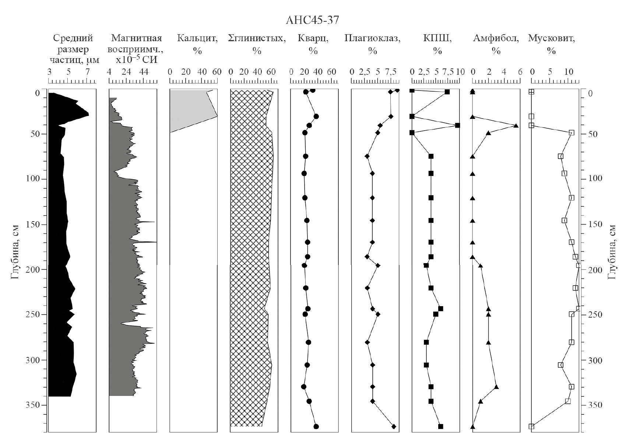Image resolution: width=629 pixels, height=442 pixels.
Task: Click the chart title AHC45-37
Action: [x=312, y=20]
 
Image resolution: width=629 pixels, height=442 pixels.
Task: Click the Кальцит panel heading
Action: [x=197, y=44]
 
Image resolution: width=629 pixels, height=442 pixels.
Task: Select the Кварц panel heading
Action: [x=313, y=44]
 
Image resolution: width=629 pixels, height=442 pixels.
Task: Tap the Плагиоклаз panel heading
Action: [x=372, y=44]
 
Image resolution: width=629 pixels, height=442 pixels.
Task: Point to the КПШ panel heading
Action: [x=437, y=44]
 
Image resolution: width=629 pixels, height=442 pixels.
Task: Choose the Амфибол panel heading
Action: [x=496, y=44]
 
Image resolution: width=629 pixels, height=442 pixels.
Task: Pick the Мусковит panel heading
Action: [x=552, y=44]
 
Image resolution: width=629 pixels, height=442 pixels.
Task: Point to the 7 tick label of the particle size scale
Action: [x=87, y=72]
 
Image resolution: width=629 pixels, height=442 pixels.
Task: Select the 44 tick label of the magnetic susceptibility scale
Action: [x=144, y=72]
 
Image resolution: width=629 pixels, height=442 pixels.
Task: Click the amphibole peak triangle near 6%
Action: [x=516, y=125]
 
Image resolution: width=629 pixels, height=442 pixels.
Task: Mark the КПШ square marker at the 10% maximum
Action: [x=457, y=125]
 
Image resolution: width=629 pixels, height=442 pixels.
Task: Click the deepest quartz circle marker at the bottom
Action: [x=316, y=426]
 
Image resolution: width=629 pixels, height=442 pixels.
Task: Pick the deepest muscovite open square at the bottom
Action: [x=531, y=426]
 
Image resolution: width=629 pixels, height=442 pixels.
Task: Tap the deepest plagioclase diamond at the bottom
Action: [x=394, y=426]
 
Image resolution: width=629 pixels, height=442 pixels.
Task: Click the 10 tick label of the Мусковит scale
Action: [x=569, y=72]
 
